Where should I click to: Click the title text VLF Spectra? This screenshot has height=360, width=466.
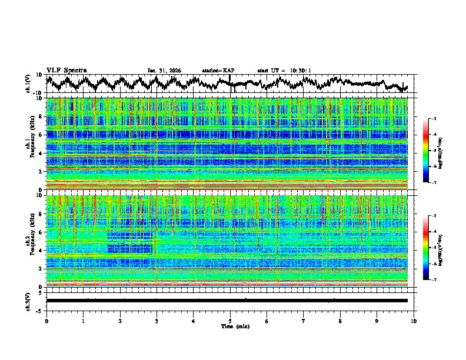(66, 70)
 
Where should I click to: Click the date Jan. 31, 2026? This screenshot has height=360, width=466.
(164, 71)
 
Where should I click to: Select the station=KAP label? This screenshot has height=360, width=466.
(218, 71)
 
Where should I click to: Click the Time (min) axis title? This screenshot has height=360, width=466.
(230, 326)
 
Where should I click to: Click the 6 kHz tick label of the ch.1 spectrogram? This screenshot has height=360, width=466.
(41, 135)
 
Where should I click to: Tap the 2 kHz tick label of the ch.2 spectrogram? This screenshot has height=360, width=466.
(41, 269)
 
